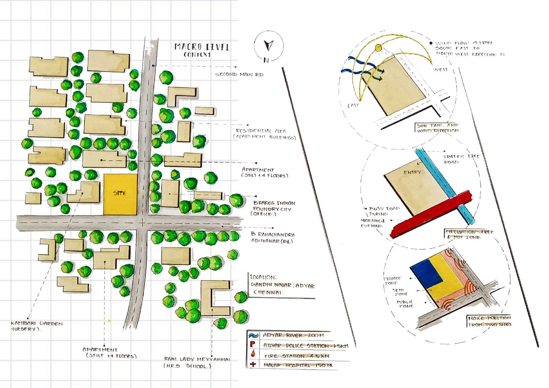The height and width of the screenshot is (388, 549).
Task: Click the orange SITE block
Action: click(120, 194)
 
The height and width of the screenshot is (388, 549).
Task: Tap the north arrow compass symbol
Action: click(268, 46)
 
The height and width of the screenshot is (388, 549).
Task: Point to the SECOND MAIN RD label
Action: click(239, 75)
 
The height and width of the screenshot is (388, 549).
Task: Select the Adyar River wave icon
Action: click(253, 335)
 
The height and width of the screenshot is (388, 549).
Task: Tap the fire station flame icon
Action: click(253, 355)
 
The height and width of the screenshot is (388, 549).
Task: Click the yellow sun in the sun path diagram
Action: click(379, 48)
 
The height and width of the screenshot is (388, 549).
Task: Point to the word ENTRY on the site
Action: click(412, 172)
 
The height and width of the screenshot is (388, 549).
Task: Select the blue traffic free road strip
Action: click(444, 185)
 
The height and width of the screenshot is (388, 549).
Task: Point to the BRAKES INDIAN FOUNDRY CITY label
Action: click(274, 209)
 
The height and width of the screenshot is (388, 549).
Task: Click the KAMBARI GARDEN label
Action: click(37, 324)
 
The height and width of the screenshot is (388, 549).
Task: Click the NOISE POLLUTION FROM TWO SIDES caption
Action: click(489, 321)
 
